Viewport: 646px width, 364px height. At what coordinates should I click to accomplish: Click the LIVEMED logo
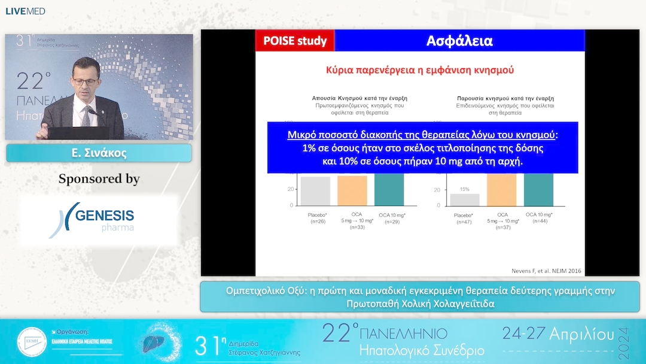pyautogui.click(x=26, y=11)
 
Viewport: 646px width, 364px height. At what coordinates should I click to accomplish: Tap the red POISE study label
pyautogui.click(x=295, y=41)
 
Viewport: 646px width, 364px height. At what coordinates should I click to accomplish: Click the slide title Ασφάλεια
pyautogui.click(x=459, y=41)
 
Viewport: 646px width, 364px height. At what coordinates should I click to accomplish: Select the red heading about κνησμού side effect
pyautogui.click(x=420, y=70)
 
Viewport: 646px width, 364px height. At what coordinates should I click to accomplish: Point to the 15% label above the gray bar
pyautogui.click(x=464, y=189)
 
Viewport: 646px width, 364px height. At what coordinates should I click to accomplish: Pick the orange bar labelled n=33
pyautogui.click(x=352, y=190)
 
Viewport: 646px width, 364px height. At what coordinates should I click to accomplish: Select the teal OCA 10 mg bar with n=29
pyautogui.click(x=389, y=189)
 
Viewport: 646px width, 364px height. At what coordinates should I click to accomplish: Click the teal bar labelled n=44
pyautogui.click(x=538, y=189)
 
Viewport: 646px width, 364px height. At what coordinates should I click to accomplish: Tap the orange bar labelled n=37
pyautogui.click(x=502, y=189)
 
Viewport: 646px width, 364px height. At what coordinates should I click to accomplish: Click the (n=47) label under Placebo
pyautogui.click(x=464, y=222)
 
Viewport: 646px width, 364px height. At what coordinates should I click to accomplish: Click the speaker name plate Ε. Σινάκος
pyautogui.click(x=99, y=153)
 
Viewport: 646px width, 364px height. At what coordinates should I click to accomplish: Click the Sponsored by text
pyautogui.click(x=99, y=179)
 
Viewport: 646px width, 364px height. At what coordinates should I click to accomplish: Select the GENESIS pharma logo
pyautogui.click(x=99, y=219)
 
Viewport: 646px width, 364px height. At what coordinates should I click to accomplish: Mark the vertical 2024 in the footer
pyautogui.click(x=624, y=341)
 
